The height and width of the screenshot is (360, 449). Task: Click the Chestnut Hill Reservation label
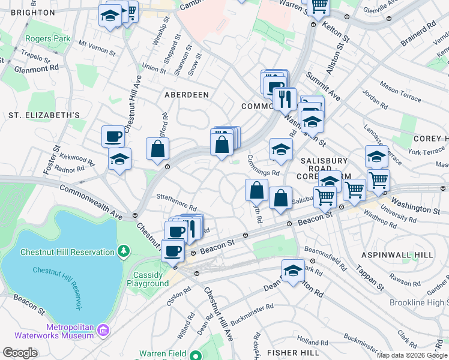click(x=67, y=252)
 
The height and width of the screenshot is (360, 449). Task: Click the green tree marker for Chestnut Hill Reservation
click(x=123, y=250)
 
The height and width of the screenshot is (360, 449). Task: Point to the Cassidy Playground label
click(x=147, y=279)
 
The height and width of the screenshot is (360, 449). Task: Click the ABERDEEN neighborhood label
click(x=187, y=95)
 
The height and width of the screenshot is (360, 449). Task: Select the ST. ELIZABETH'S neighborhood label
click(x=44, y=115)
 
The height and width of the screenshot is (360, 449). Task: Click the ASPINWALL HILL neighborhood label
click(x=396, y=255)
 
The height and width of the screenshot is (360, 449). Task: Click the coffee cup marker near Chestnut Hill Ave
click(x=113, y=137)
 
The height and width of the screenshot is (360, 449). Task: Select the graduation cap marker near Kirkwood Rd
click(x=119, y=160)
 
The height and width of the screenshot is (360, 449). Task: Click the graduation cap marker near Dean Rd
click(x=292, y=269)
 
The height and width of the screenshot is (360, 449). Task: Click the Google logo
click(x=20, y=353)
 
